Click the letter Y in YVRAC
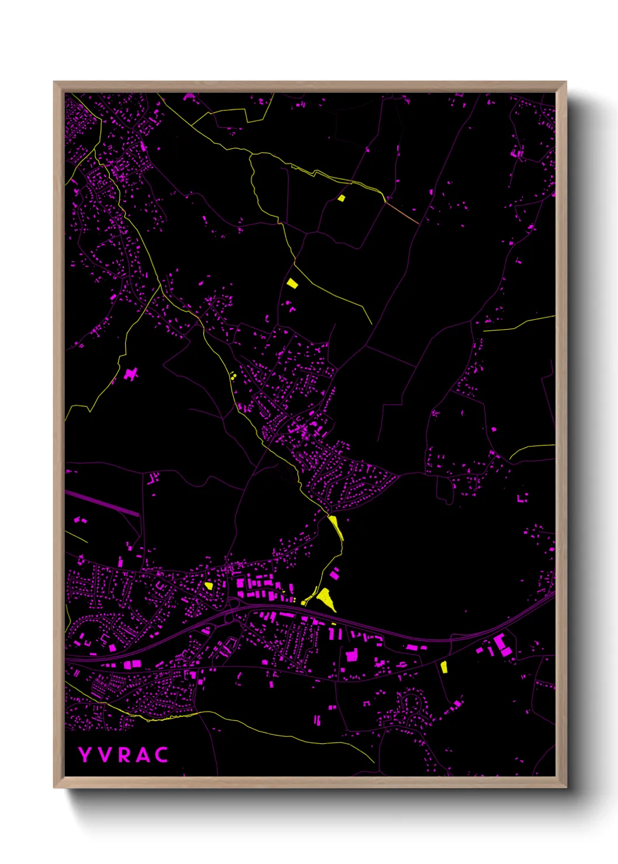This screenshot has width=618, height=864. [x=85, y=755]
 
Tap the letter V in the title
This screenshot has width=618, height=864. [x=105, y=755]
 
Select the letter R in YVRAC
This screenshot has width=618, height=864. [x=123, y=755]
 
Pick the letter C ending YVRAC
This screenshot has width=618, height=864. [x=162, y=755]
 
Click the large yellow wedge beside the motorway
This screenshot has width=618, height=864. [x=325, y=599]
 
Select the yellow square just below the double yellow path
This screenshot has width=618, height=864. [x=342, y=198]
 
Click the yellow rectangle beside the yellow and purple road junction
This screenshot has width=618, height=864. [x=292, y=283]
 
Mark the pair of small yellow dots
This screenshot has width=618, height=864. [x=232, y=375]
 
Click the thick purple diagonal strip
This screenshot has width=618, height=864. [x=102, y=503]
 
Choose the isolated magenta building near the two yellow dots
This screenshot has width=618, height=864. [x=131, y=374]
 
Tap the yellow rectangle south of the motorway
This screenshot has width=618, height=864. [x=443, y=666]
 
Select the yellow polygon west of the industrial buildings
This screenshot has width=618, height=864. [x=209, y=586]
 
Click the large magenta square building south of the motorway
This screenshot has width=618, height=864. [x=352, y=656]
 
